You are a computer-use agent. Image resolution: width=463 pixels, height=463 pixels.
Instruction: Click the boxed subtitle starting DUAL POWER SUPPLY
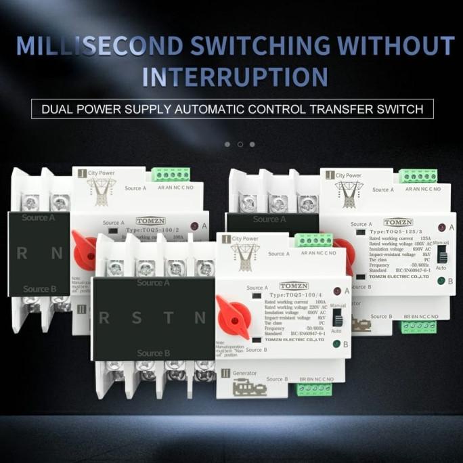(232, 108)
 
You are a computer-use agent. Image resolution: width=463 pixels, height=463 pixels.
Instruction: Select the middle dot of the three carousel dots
(240, 144)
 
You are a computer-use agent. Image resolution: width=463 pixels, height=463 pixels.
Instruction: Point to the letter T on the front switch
(168, 318)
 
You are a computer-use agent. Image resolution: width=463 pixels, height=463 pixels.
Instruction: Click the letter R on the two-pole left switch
(22, 255)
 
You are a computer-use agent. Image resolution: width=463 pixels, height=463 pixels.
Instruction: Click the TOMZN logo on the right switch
(397, 222)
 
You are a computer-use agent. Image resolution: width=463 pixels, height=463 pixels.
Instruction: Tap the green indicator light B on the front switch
(336, 345)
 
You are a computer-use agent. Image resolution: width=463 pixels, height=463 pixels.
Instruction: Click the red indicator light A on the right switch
(442, 228)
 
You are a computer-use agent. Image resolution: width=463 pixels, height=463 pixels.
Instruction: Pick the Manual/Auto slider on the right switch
(442, 257)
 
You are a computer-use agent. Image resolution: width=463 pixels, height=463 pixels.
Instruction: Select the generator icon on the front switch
(244, 389)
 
